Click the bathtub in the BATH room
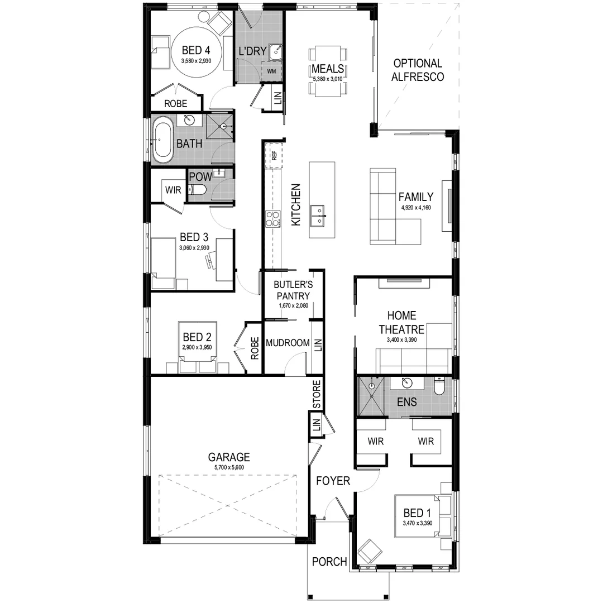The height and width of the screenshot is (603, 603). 164,140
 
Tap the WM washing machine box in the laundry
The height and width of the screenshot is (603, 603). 271,71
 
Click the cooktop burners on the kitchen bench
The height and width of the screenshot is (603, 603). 272,218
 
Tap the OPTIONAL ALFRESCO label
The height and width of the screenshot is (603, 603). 418,70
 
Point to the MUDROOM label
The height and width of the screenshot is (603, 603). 288,342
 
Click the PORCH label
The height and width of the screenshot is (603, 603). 329,562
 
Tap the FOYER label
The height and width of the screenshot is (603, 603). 333,481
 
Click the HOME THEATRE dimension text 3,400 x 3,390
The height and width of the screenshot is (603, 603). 401,339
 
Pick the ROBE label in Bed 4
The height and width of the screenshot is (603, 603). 176,103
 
